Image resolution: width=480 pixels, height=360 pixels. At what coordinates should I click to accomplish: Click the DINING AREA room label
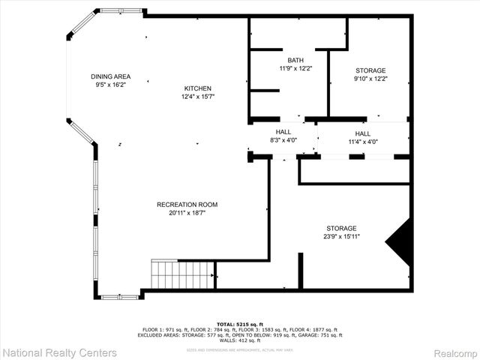coord(111,76)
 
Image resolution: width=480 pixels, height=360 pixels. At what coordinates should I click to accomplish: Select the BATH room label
coord(295,60)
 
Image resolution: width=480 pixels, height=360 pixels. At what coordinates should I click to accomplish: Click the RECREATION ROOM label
coord(187,205)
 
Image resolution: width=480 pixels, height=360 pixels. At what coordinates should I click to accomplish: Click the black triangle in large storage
coord(400,241)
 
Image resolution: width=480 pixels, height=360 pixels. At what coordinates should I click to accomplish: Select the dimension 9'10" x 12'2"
coord(370,78)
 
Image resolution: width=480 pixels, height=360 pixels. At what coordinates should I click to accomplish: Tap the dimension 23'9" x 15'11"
coord(340,236)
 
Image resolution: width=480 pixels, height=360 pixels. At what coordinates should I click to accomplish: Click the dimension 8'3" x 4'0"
coord(283,140)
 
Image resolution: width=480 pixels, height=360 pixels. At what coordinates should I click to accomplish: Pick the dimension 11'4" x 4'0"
coord(363,141)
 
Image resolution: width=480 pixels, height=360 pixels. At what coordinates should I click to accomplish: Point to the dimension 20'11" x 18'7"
coord(187,213)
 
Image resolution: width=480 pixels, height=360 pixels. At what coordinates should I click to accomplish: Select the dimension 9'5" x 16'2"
coord(111,85)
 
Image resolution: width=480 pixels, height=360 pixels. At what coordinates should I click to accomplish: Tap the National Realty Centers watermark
coord(59,352)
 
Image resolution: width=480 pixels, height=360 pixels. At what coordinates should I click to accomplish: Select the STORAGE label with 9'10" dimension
coord(370,70)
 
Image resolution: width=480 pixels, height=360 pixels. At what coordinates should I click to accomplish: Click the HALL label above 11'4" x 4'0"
coord(363,133)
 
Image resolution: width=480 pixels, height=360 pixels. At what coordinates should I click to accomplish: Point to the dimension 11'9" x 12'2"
coord(295,68)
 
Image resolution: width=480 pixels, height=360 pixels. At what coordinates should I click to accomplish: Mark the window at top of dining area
coord(121,11)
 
